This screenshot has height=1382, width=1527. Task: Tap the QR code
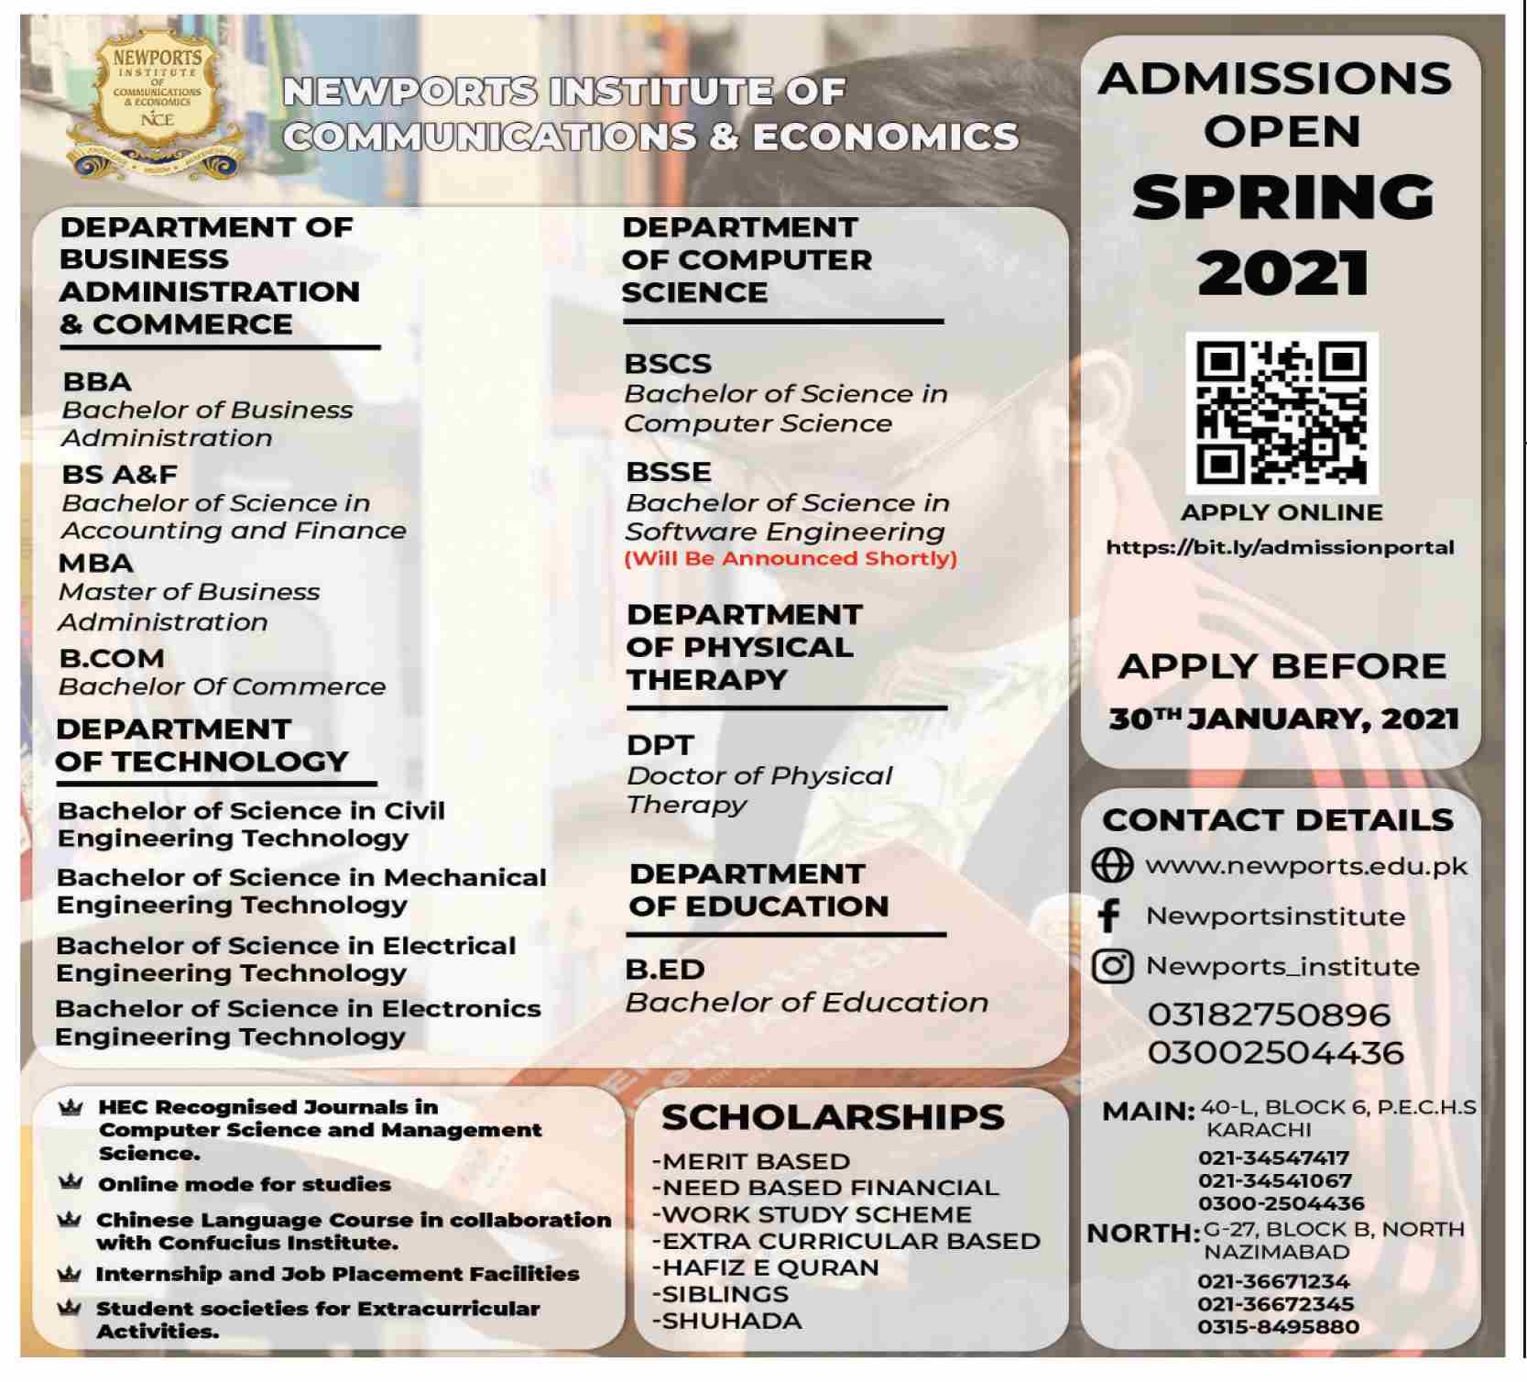click(x=1281, y=413)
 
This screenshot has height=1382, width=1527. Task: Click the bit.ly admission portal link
click(x=1280, y=548)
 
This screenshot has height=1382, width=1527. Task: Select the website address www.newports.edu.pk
click(x=1305, y=866)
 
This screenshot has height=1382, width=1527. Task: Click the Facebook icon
click(x=1109, y=916)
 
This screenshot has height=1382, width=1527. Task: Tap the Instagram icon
click(x=1112, y=966)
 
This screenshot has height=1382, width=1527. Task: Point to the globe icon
click(x=1112, y=865)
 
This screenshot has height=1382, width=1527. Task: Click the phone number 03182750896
click(x=1269, y=1015)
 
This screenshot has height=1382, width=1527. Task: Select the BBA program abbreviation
click(x=97, y=381)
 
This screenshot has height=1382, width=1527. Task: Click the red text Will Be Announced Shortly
click(x=791, y=559)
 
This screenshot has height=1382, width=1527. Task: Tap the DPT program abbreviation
click(x=660, y=745)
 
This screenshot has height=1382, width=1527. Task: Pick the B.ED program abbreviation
click(x=665, y=969)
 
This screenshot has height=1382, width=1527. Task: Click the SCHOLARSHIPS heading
click(x=833, y=1117)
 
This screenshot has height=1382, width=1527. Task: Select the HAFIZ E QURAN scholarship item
click(x=767, y=1267)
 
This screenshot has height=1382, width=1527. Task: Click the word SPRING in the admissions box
click(x=1282, y=197)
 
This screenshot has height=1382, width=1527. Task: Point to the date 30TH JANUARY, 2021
click(x=1282, y=719)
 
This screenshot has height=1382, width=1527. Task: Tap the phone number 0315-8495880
click(x=1278, y=1327)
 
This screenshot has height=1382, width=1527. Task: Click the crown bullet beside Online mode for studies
click(x=71, y=1182)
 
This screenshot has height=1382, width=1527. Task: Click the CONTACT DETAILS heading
click(x=1278, y=819)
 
